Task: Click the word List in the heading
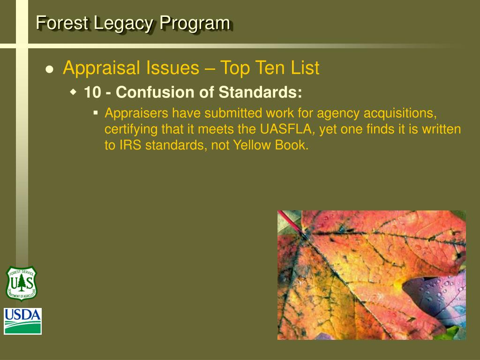point(305,68)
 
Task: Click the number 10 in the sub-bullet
point(92,92)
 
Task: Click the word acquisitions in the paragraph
point(400,113)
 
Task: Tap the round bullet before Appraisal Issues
point(50,69)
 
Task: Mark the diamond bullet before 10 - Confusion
point(73,92)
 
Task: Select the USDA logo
point(23,321)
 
